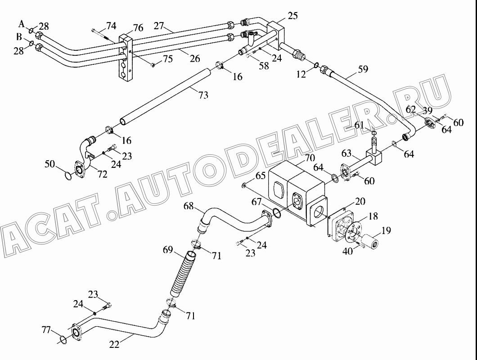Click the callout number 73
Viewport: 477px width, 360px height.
tap(203, 95)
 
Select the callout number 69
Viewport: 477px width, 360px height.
tap(168, 250)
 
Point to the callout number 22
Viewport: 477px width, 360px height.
tap(114, 345)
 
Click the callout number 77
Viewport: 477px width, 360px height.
tap(46, 329)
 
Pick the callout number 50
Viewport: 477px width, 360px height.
tap(50, 164)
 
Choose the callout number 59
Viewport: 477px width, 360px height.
tap(363, 69)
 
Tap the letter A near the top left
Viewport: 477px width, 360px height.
tap(21, 23)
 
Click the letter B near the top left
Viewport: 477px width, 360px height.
tap(19, 37)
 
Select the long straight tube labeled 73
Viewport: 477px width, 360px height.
tap(165, 96)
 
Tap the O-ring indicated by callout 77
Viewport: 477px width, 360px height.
tap(63, 340)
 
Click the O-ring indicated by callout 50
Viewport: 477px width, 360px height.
tap(68, 175)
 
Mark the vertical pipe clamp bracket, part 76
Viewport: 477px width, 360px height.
tap(126, 58)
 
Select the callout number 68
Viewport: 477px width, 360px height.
tap(189, 206)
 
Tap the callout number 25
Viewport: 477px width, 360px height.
tap(292, 15)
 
